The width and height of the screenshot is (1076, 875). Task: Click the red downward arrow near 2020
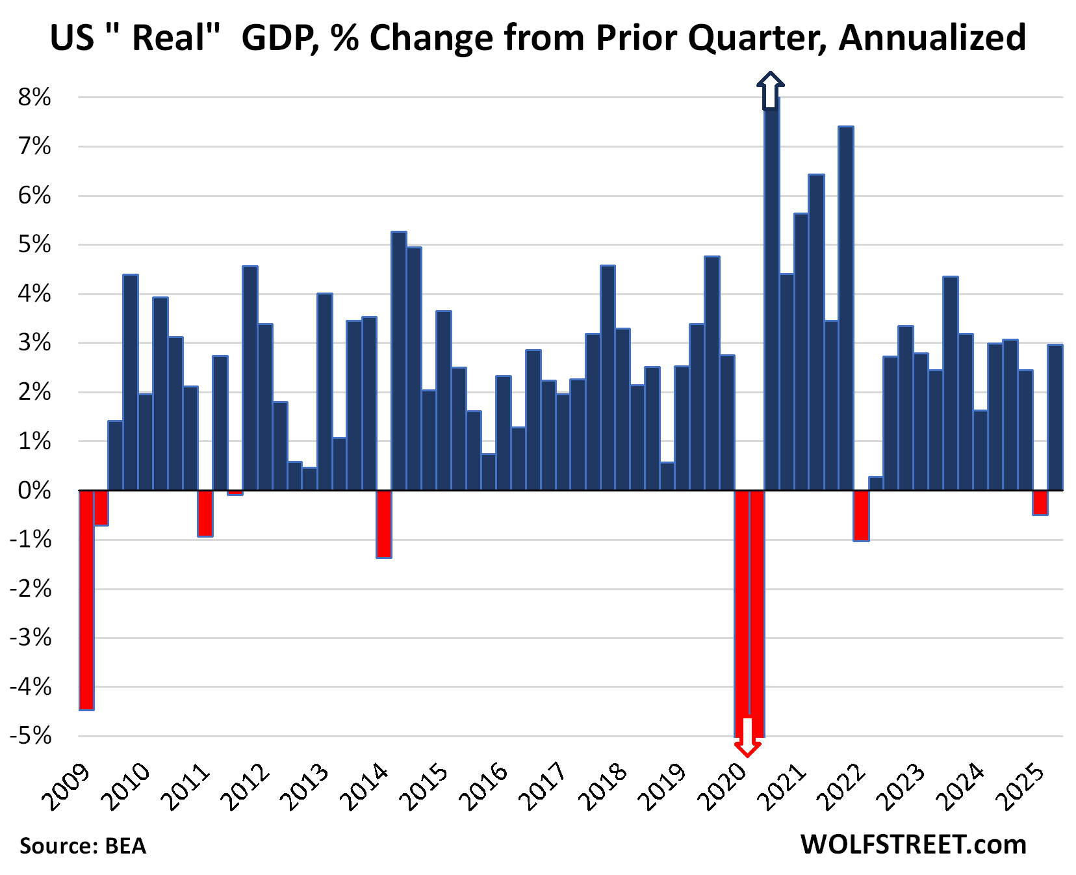pos(747,738)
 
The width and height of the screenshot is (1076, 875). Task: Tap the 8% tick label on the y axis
pos(34,98)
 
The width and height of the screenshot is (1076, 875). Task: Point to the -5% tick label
pos(31,736)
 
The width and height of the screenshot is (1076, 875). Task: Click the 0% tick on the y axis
pos(34,490)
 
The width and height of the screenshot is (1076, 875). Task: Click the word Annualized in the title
pos(932,38)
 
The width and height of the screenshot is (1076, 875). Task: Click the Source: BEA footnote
pos(83,846)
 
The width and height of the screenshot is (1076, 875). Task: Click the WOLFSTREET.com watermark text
pos(913,844)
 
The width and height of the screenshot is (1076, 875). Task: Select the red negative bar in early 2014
pos(384,524)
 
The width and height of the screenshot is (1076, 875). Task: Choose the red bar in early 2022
pos(861,515)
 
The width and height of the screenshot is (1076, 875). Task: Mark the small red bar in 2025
pos(1040,503)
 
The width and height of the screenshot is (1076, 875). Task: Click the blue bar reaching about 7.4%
pos(846,308)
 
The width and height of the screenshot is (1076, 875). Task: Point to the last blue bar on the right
pos(1055,417)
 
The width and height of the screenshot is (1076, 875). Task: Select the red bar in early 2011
pos(205,513)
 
